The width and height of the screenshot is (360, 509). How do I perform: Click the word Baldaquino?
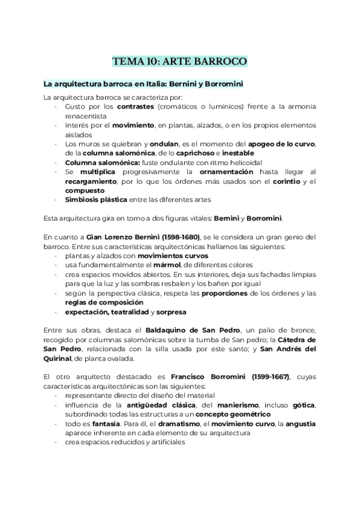pyautogui.click(x=175, y=330)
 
